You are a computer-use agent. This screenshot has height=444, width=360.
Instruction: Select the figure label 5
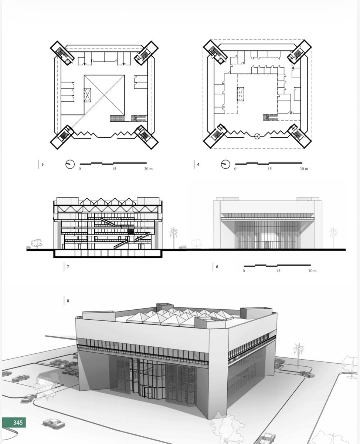coord(43,165)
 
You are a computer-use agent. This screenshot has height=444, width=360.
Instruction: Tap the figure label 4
coord(198,165)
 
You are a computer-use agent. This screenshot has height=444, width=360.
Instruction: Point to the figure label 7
coord(68,267)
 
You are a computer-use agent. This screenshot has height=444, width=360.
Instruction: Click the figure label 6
coord(217,267)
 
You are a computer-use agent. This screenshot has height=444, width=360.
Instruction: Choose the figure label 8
coord(68,301)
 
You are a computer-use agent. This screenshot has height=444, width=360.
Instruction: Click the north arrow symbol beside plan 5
coord(70,164)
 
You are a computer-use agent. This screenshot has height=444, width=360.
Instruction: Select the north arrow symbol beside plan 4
coord(225,164)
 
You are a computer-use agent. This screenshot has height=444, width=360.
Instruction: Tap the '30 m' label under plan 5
coord(148,169)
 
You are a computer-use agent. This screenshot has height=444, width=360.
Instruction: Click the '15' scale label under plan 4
coord(270,169)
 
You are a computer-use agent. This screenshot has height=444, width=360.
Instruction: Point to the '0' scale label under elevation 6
coord(244,271)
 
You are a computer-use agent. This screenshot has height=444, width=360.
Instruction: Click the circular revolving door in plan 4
coord(257,136)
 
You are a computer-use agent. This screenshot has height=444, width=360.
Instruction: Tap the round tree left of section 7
coord(37,243)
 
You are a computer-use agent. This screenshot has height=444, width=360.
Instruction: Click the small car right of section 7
coord(183,247)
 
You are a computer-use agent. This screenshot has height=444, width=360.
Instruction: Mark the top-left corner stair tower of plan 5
coord(62,53)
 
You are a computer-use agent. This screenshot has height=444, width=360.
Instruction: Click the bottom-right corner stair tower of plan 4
coord(299,136)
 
